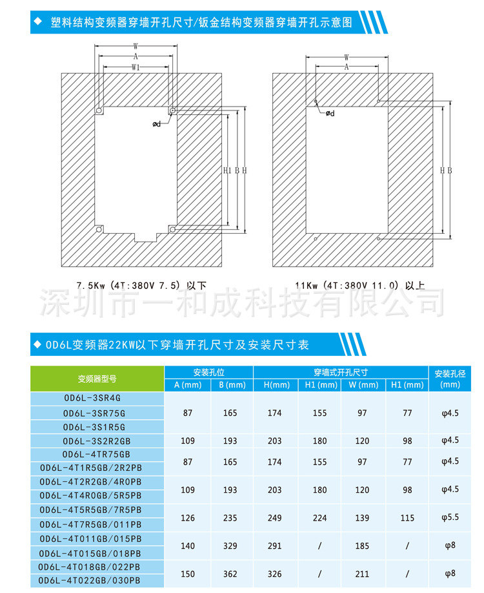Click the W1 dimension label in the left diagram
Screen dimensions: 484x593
(x=136, y=67)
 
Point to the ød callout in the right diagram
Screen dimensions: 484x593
(x=330, y=113)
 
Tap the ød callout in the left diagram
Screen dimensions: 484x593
(x=157, y=123)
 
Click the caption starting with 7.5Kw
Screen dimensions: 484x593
(x=141, y=284)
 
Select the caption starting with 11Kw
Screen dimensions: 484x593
(x=360, y=284)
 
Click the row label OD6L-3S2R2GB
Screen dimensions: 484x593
(x=97, y=441)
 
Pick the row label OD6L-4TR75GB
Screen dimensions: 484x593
(x=97, y=454)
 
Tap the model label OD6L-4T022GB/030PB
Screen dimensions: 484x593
(x=97, y=581)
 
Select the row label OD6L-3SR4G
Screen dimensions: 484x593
(x=97, y=399)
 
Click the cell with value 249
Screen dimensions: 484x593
(x=275, y=518)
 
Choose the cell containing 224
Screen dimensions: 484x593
(x=320, y=518)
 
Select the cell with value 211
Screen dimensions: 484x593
(x=363, y=574)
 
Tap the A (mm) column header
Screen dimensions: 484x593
(x=188, y=386)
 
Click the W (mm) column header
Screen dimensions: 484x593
(x=363, y=386)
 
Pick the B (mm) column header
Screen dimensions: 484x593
(x=231, y=386)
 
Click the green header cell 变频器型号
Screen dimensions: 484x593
(x=97, y=379)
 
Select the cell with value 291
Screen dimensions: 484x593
(x=275, y=546)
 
